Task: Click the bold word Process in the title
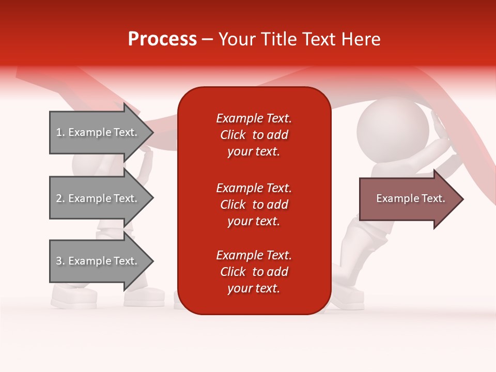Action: (x=162, y=39)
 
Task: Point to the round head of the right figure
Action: (x=393, y=129)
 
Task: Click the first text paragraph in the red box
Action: (x=254, y=135)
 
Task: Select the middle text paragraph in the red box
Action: (x=254, y=205)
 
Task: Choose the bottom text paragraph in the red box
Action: (x=254, y=272)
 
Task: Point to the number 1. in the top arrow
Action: (x=60, y=132)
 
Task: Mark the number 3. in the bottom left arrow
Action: (x=60, y=261)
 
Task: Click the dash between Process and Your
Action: (x=207, y=40)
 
